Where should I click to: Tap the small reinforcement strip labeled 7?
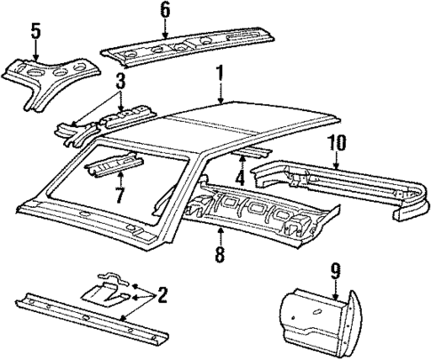coord(114,166)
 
